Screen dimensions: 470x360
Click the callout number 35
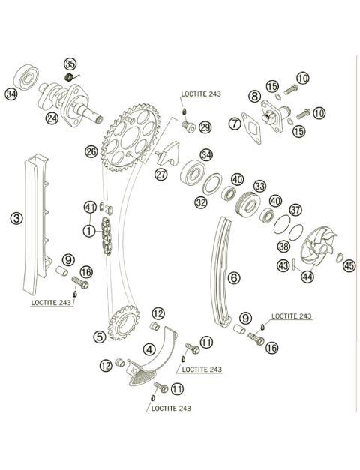70,64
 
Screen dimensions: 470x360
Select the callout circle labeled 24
51,118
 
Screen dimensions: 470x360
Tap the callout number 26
91,151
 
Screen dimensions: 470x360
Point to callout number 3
16,218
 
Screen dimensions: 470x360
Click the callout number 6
235,277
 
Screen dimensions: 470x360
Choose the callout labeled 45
349,265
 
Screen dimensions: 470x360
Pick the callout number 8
255,96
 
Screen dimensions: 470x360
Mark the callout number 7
235,123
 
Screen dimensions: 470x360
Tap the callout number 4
150,348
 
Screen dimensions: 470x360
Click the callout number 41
91,207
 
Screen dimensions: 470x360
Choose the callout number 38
283,246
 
